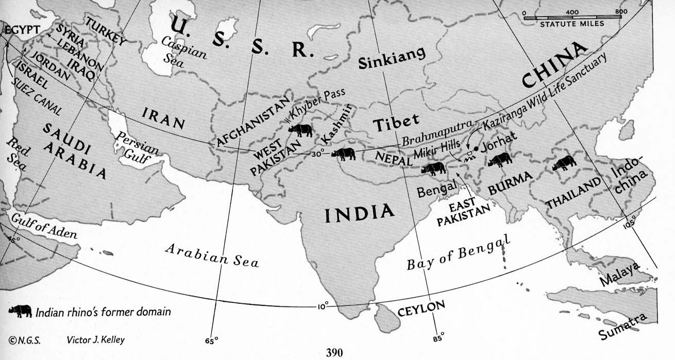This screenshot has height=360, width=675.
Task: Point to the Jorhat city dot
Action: pos(477,148)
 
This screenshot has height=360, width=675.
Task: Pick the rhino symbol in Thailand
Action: pos(564,163)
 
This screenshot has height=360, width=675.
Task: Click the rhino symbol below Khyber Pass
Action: pos(300,130)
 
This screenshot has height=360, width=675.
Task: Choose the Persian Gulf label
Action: pos(137,146)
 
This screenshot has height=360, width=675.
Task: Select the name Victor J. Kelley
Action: pos(96,340)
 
